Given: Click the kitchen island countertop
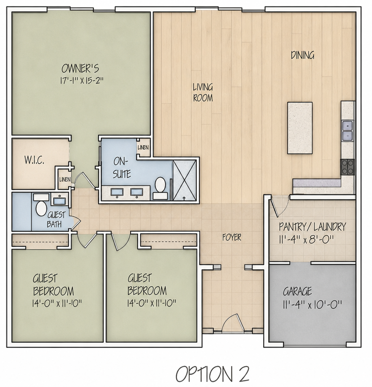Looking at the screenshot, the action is tap(300, 128).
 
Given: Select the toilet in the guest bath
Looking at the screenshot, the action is tap(41, 205).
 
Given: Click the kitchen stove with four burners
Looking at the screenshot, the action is tap(347, 167).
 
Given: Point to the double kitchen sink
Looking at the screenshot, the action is tap(347, 131).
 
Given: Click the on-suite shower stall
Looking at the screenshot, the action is tap(185, 180).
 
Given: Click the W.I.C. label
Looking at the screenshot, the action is tap(34, 160).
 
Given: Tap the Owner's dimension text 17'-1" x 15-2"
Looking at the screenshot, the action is tap(82, 80).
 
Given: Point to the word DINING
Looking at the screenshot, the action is tap(302, 55).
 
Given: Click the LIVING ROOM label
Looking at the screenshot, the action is tap(203, 93).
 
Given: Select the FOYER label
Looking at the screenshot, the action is tap(232, 237).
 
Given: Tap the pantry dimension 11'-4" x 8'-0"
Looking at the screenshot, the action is tap(306, 240).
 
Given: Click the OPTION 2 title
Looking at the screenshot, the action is tap(213, 374).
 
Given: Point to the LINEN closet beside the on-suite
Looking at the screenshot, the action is tap(143, 147).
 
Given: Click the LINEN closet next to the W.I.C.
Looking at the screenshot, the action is tap(65, 180).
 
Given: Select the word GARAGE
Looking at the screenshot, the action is tap(297, 292).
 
